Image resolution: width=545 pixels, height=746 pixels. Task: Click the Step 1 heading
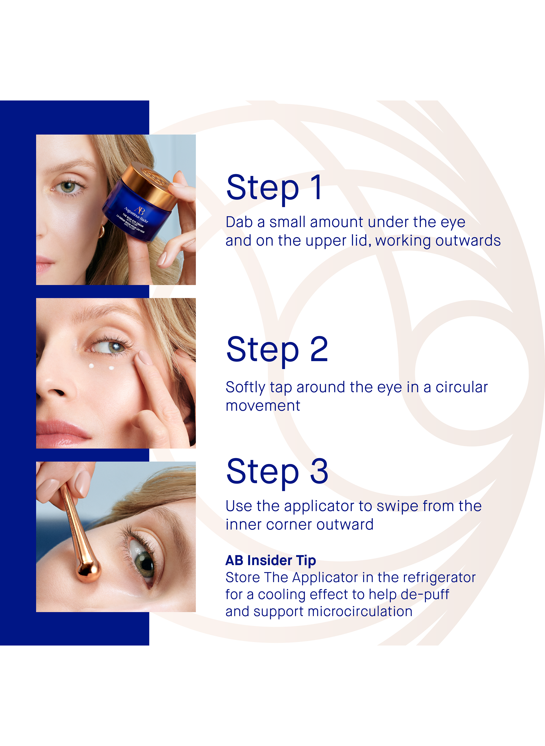274,188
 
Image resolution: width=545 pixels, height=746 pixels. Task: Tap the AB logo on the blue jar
140,210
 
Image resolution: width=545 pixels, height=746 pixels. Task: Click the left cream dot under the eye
91,366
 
